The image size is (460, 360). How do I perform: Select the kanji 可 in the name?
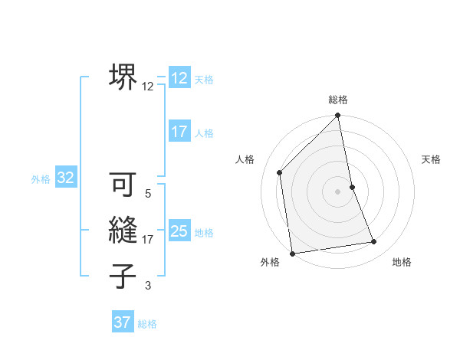click(x=123, y=185)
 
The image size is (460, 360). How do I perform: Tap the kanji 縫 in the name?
click(x=123, y=231)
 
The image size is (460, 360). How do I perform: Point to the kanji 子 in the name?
click(x=123, y=277)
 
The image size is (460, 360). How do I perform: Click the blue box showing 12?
click(x=179, y=78)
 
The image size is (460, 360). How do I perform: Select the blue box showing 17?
click(x=179, y=132)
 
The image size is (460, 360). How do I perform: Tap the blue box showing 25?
click(x=179, y=231)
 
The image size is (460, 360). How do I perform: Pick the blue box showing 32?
click(x=66, y=178)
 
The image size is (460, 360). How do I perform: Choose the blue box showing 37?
click(x=123, y=322)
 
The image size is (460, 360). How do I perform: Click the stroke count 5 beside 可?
click(x=148, y=194)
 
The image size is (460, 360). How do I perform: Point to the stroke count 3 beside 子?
click(x=148, y=286)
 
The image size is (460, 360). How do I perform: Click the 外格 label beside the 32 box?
click(x=41, y=179)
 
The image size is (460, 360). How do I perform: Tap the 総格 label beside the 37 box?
click(x=147, y=324)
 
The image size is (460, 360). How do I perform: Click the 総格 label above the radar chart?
click(x=338, y=100)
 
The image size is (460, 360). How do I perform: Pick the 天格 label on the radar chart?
click(x=432, y=159)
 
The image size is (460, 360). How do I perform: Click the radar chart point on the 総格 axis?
click(x=338, y=116)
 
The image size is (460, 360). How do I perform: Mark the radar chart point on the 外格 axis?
click(x=292, y=254)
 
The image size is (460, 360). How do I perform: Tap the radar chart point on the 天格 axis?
click(x=352, y=186)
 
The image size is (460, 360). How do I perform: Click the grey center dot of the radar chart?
click(x=338, y=191)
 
